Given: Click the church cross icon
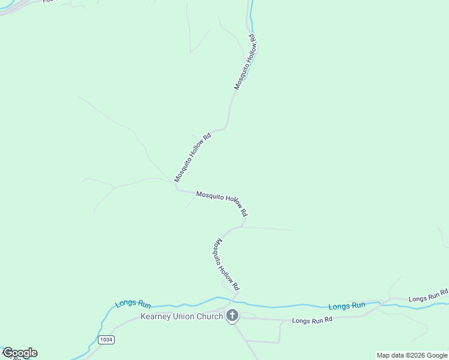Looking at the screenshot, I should click(232, 316).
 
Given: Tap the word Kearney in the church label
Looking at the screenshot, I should click(155, 316).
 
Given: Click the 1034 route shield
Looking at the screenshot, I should click(106, 340).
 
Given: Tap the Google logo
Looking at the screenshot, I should click(20, 353).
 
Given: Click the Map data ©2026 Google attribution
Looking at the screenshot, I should click(412, 355).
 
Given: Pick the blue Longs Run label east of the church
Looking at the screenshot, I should click(347, 306).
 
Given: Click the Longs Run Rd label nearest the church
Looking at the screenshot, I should click(312, 320).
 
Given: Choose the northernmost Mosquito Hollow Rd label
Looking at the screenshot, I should click(246, 62).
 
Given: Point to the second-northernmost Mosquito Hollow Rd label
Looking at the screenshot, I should click(193, 157).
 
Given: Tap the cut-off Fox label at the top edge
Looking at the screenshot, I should click(48, 1).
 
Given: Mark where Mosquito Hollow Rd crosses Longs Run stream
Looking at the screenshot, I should click(233, 298).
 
